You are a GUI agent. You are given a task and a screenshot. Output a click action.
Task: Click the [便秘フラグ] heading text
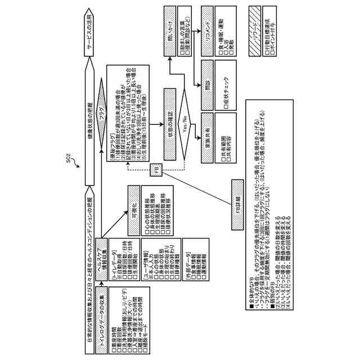tap(111, 133)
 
